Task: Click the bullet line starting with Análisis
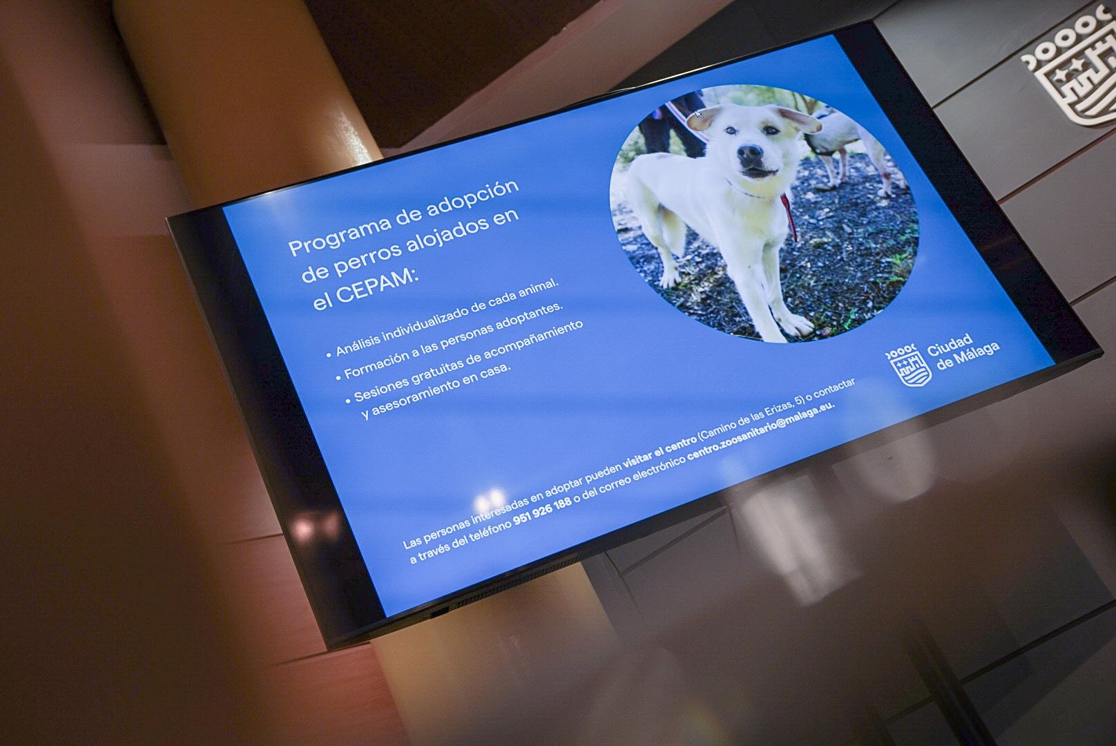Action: [x=443, y=318]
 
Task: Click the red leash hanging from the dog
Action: [x=789, y=217]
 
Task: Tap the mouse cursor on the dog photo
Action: [x=699, y=115]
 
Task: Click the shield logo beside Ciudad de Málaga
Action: [x=910, y=365]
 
